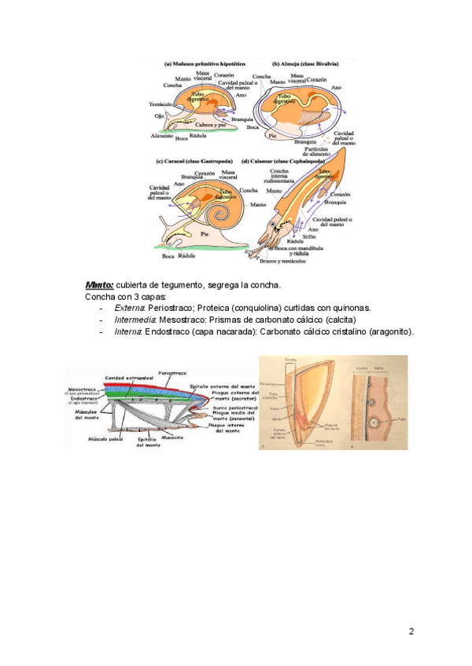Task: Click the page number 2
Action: (x=410, y=631)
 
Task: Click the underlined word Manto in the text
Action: (x=99, y=284)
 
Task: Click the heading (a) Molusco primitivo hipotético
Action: (x=205, y=64)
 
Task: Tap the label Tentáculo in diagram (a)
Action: (x=161, y=104)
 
